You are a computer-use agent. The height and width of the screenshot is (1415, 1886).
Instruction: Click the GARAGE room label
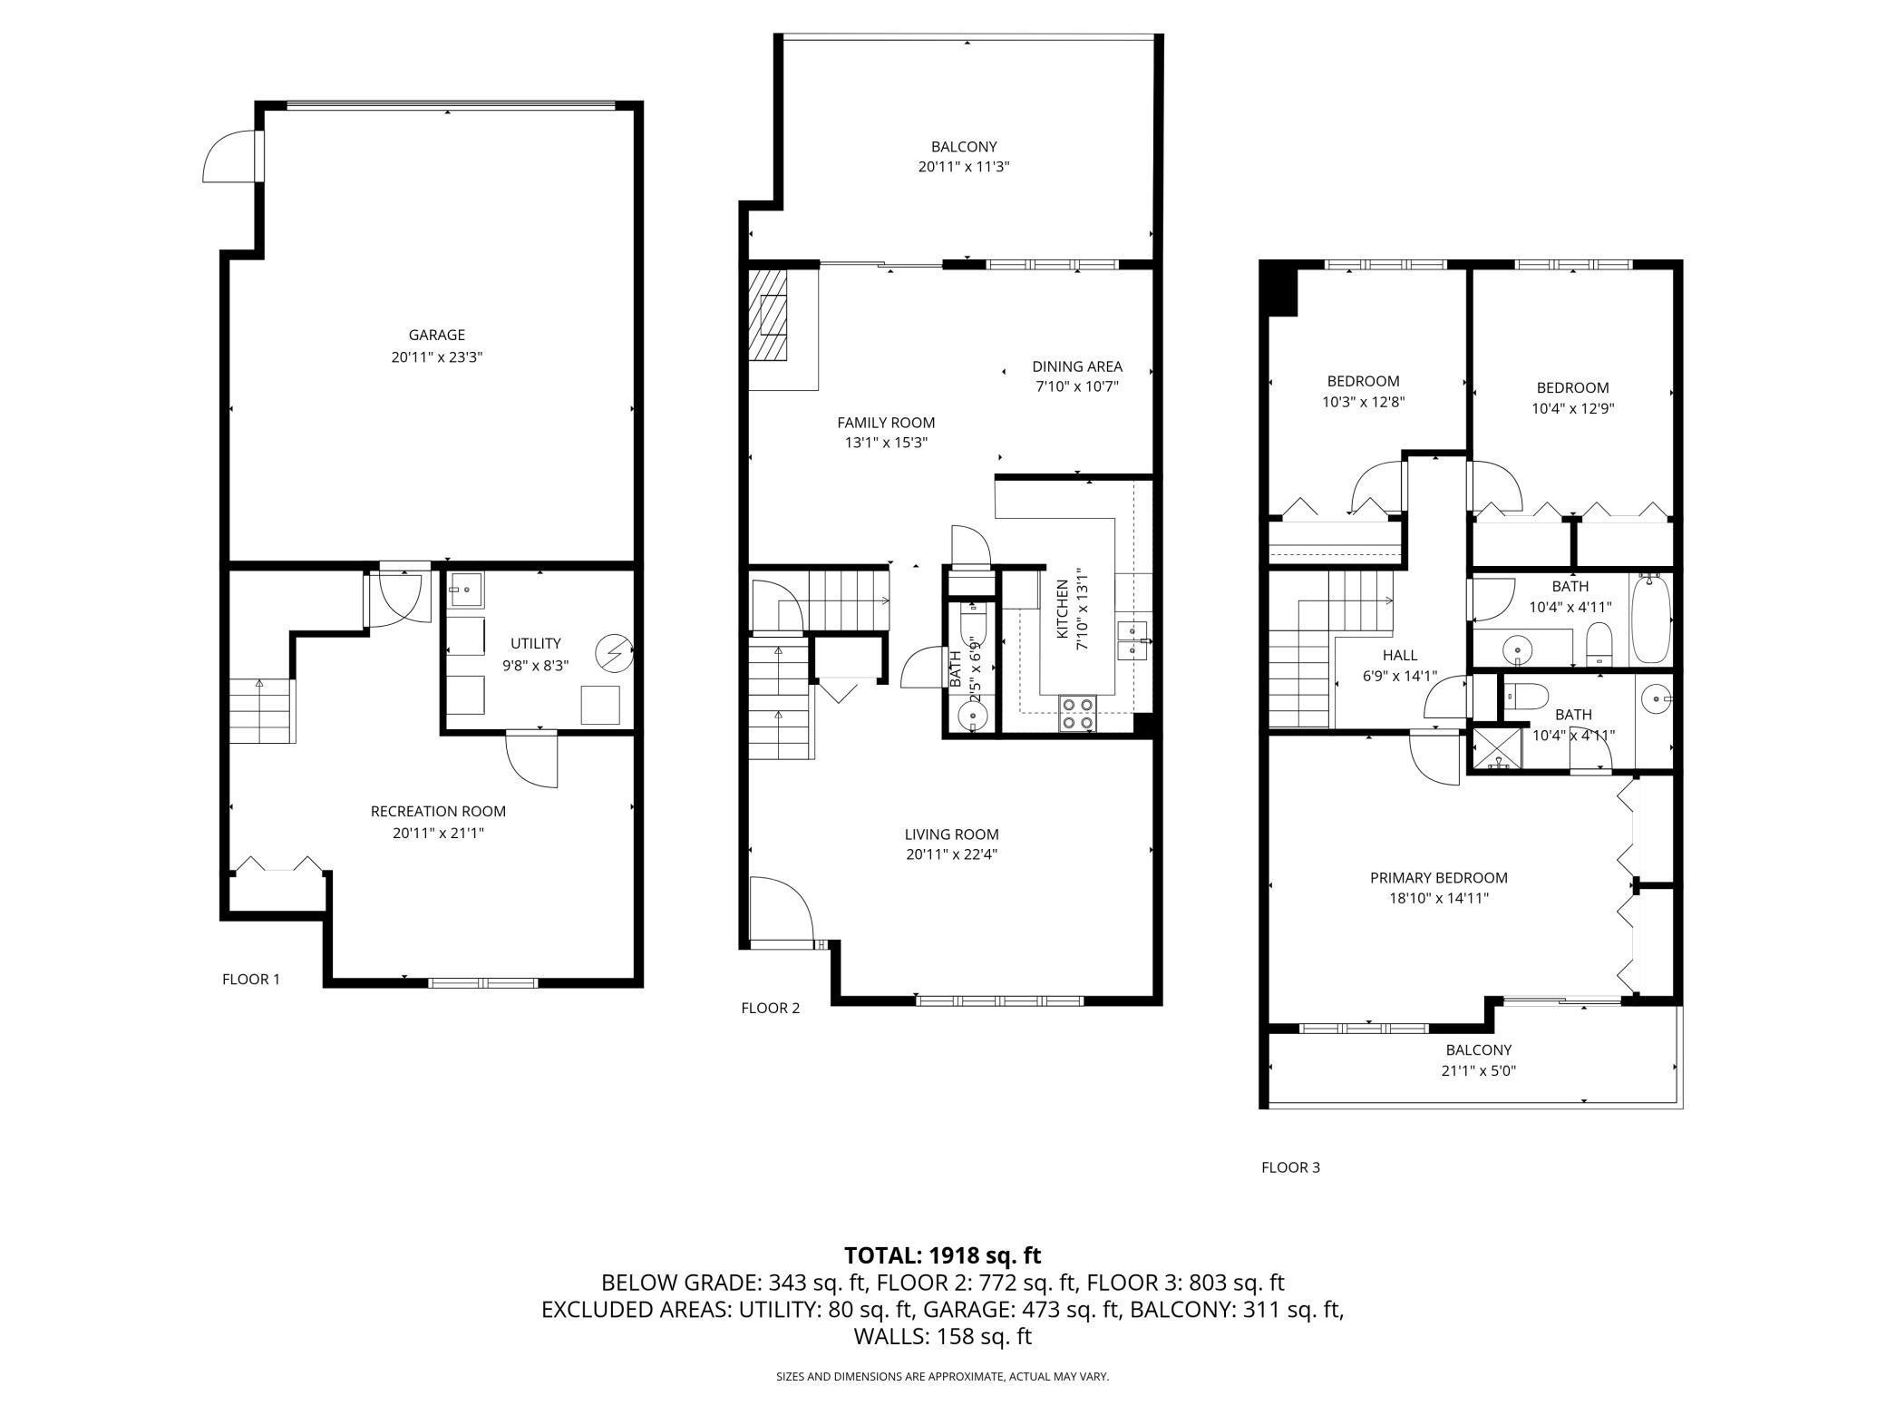(436, 336)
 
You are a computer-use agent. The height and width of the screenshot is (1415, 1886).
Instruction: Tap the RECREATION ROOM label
(438, 812)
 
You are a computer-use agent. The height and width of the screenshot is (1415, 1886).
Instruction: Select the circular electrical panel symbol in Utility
(612, 652)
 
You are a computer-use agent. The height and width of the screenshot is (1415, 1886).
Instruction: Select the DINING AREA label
(1077, 367)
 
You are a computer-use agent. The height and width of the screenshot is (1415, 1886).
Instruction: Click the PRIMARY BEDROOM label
(1439, 878)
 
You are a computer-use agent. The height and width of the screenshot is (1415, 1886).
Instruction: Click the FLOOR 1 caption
(251, 980)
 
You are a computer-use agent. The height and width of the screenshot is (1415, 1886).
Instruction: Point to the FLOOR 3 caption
(1290, 1167)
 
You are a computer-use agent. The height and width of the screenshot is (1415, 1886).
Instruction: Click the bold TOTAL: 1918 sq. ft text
(943, 1255)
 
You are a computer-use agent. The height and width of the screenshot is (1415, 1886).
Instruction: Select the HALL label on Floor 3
(1400, 656)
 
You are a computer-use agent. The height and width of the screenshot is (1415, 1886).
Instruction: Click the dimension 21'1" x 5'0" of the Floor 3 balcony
(1480, 1070)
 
